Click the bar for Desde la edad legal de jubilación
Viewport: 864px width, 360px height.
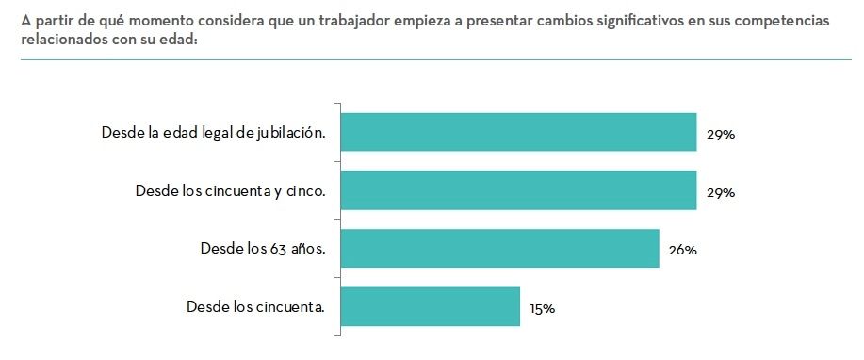pyautogui.click(x=517, y=132)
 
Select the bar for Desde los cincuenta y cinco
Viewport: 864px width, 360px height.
pyautogui.click(x=517, y=190)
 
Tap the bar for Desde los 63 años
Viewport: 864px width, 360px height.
pyautogui.click(x=498, y=249)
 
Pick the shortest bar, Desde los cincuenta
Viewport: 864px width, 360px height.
pyautogui.click(x=430, y=306)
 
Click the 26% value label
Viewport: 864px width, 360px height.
pyautogui.click(x=683, y=251)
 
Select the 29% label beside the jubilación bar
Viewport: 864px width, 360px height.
pyautogui.click(x=721, y=135)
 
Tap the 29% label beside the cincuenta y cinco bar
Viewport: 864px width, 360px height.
pyautogui.click(x=721, y=193)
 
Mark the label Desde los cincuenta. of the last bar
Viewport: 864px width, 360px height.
pyautogui.click(x=256, y=306)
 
